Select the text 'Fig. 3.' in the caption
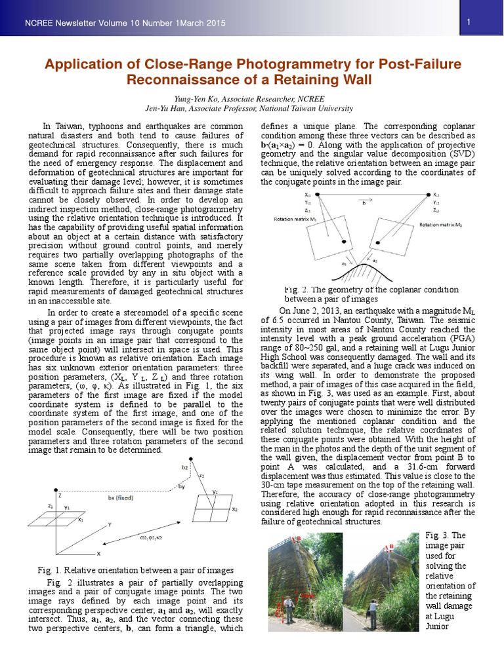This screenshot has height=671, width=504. pyautogui.click(x=433, y=535)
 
